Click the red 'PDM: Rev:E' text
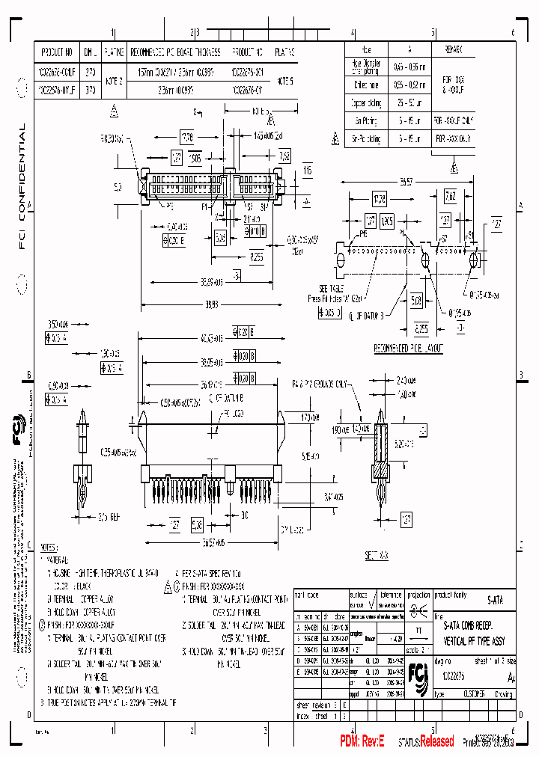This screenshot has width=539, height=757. click(362, 741)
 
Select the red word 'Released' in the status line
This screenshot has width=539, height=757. click(436, 741)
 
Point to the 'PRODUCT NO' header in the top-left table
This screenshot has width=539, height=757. click(57, 53)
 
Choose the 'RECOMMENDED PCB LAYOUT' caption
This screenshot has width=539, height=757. click(409, 349)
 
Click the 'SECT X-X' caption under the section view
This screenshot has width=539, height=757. click(376, 556)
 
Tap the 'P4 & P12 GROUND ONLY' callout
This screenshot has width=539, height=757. click(321, 384)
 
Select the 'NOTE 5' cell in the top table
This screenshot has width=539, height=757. click(285, 79)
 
